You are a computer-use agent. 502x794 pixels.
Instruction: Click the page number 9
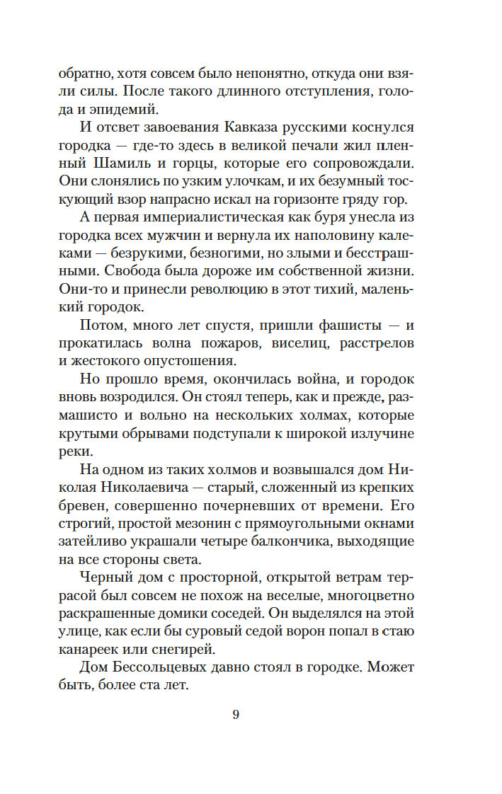click(236, 714)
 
